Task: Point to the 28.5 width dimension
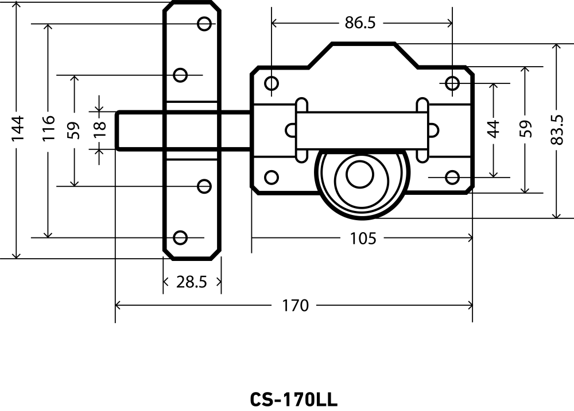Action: tap(192, 282)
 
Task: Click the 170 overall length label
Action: tap(295, 305)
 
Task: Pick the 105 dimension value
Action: tap(363, 238)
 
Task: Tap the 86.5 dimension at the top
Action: tap(360, 22)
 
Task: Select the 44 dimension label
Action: tap(494, 129)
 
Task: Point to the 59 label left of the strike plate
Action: tap(73, 130)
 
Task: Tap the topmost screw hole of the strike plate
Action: tap(204, 24)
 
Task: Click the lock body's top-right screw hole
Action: tap(452, 83)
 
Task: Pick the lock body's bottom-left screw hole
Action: tap(272, 177)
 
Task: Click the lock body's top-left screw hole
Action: tap(272, 84)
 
